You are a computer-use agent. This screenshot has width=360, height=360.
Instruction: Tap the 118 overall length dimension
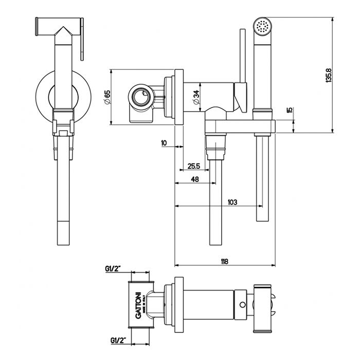[x=224, y=261]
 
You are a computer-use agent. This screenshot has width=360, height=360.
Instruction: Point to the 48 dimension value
[x=195, y=179]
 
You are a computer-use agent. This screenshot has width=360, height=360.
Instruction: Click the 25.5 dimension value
[x=194, y=166]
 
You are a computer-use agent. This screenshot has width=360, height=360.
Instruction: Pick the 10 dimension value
[x=164, y=143]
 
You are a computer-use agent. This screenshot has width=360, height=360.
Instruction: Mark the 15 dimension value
[x=290, y=110]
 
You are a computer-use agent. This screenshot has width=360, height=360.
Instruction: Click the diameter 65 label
[x=107, y=96]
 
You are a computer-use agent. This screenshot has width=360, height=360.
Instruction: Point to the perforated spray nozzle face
[x=263, y=25]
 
